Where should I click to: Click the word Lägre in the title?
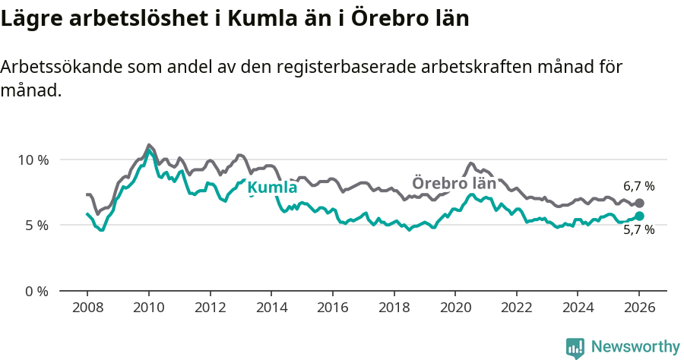32,19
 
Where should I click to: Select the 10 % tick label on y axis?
33,159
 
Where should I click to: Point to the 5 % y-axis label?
36,226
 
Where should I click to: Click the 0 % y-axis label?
36,291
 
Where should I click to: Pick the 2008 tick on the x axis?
87,308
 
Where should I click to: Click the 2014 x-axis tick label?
271,308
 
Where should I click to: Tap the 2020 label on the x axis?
455,308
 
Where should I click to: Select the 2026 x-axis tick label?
639,308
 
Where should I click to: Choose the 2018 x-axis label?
394,308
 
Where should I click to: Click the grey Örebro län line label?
454,183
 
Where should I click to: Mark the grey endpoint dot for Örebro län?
639,204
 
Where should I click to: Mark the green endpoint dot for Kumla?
639,216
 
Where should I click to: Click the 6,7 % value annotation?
638,186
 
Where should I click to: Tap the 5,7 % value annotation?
638,230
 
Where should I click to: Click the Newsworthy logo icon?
575,347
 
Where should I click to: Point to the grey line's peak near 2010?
148,144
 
